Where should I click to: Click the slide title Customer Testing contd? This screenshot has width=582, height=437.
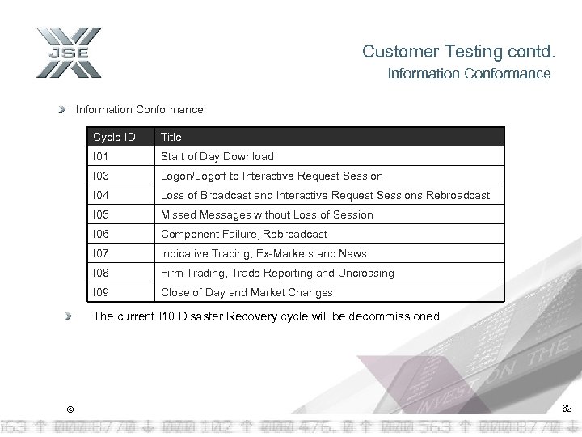pos(459,52)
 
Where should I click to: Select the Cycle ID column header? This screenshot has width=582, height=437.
pos(114,137)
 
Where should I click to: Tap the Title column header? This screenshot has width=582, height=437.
pos(171,137)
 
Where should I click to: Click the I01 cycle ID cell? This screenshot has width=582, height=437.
pos(101,156)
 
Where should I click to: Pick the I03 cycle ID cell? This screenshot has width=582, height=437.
pos(101,176)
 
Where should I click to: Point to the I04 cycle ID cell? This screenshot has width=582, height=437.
pos(101,195)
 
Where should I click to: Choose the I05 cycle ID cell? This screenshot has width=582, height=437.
pos(101,214)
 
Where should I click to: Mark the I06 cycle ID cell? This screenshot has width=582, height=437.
pos(101,234)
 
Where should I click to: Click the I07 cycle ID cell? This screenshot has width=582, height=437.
pos(101,253)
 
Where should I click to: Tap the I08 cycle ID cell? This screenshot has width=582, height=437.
pos(101,273)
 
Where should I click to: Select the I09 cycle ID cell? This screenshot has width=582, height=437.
pos(101,292)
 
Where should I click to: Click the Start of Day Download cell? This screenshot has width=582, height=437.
pos(217,156)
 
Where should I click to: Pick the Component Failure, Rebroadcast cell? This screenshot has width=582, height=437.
pos(244,234)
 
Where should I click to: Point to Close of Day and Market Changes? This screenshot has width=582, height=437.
pos(247,292)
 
